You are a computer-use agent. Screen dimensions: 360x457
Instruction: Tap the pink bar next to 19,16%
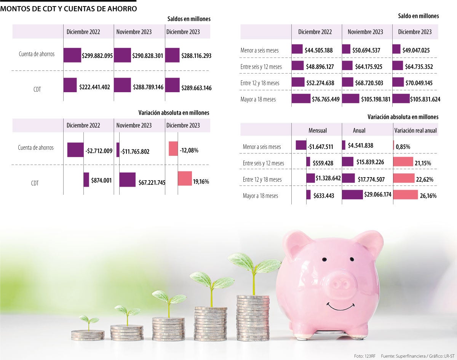185,178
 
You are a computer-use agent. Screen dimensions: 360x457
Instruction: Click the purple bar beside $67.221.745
127,179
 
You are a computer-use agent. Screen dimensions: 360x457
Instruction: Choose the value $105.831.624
425,99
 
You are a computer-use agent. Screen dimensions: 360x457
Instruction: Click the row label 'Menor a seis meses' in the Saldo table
259,50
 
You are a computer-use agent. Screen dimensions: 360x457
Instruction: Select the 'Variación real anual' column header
415,130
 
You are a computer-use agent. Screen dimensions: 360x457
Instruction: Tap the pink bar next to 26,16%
405,195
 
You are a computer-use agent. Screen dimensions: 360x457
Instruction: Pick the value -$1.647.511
321,146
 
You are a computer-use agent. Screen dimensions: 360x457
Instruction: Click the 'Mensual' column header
317,130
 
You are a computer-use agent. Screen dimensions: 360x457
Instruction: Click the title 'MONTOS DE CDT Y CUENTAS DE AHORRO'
69,8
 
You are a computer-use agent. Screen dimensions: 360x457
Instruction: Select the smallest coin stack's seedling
88,321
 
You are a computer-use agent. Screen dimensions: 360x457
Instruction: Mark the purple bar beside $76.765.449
301,99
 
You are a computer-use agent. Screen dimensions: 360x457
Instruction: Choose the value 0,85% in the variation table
403,146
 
